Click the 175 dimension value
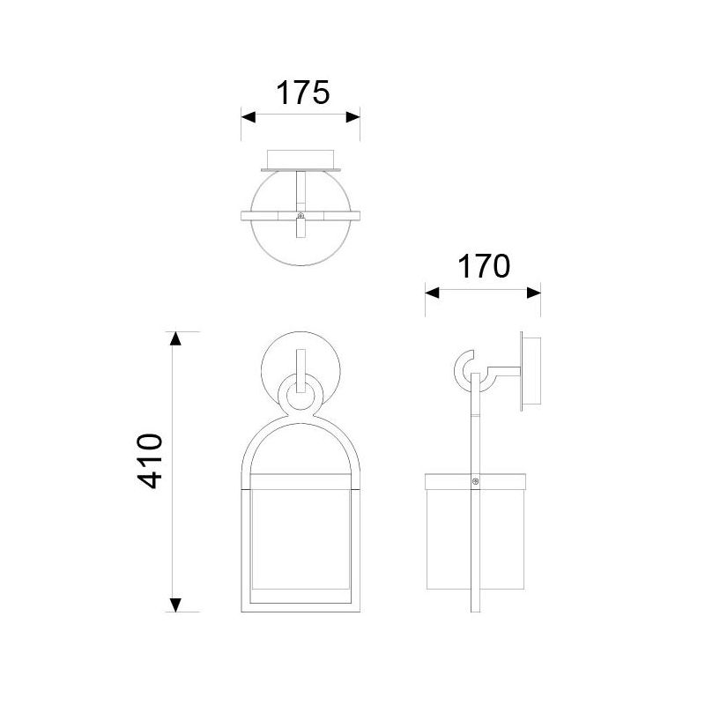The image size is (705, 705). [302, 93]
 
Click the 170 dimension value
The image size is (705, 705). [483, 265]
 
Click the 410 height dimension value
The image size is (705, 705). [152, 461]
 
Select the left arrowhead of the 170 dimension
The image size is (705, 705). [433, 293]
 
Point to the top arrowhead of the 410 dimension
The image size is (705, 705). [176, 339]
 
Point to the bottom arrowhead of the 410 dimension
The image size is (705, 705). [176, 605]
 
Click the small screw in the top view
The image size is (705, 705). [301, 214]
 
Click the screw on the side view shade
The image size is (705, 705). [476, 482]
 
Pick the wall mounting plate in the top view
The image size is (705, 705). [301, 160]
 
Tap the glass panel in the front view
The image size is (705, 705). [301, 538]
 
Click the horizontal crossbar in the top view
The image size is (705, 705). [264, 214]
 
